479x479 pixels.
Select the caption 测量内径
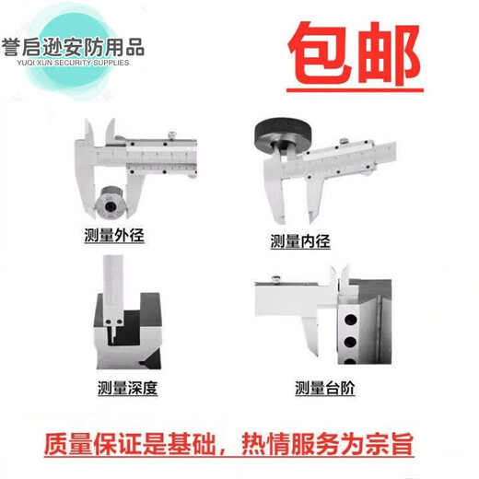pyautogui.click(x=299, y=241)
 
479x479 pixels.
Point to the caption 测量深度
pyautogui.click(x=127, y=388)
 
